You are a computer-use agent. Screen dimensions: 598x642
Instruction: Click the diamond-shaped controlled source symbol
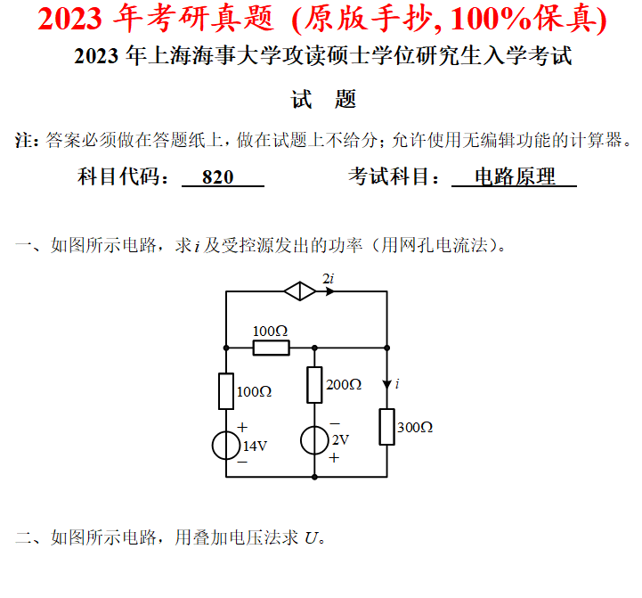299,291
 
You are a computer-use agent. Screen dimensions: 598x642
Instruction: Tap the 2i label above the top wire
328,279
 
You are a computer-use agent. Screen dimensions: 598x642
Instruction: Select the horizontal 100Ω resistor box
271,347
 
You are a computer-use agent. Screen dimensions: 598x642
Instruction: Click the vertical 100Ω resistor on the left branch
226,390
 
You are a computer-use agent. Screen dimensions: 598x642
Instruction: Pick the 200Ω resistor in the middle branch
314,385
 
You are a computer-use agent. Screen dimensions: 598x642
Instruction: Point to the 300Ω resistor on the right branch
386,427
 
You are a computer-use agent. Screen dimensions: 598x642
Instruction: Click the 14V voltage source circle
226,446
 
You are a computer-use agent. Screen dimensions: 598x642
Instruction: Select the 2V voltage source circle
314,440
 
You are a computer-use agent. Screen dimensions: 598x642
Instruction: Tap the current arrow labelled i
387,383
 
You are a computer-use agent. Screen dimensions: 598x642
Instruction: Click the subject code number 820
218,177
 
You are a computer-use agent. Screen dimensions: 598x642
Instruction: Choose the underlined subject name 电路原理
514,177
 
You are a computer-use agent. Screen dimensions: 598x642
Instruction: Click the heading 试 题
324,99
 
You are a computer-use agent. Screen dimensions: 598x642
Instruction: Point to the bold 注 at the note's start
25,140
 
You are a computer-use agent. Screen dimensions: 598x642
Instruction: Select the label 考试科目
389,177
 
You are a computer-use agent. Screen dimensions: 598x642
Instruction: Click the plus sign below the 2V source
335,458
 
